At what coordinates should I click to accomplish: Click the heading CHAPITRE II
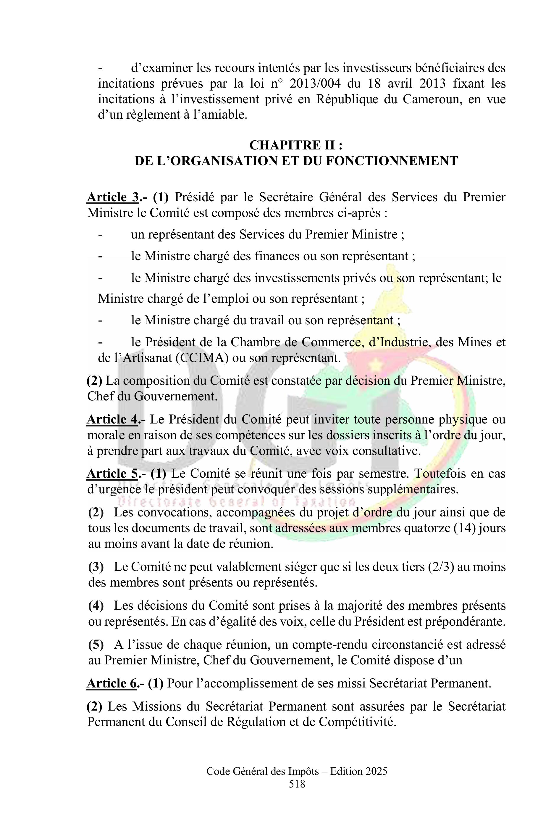[295, 145]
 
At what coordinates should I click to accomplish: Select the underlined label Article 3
[113, 197]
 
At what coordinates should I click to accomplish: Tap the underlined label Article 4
[113, 420]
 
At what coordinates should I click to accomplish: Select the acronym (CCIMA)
[202, 358]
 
